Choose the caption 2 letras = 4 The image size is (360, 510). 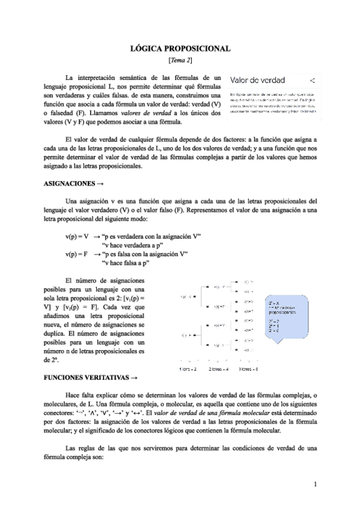point(221,369)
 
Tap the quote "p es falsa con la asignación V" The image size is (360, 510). point(145,254)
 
